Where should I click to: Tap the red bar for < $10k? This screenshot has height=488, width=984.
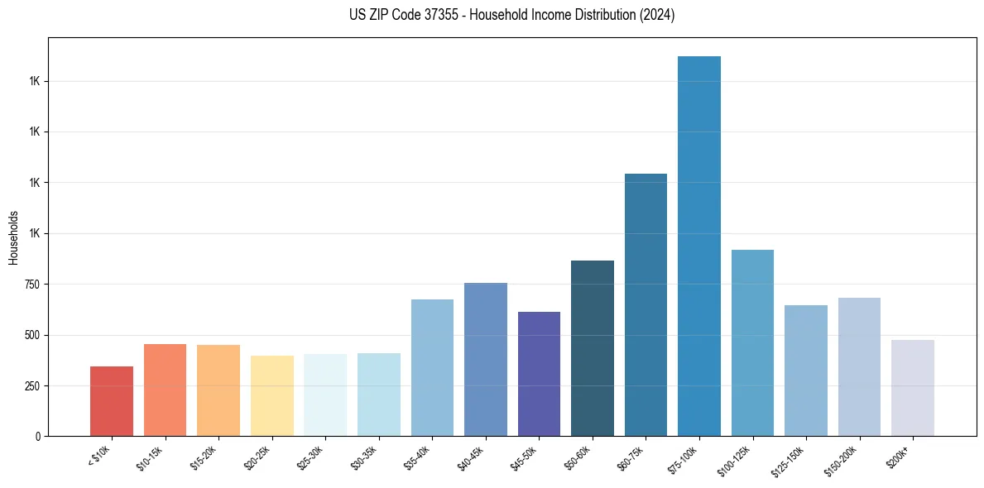point(112,401)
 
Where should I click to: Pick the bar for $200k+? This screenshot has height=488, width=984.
point(913,388)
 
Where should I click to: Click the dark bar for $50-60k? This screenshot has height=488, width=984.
point(593,348)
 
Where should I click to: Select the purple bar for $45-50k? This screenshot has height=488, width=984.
point(539,374)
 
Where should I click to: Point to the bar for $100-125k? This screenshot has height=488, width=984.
point(752,342)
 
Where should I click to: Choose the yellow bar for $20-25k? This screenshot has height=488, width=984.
point(272,395)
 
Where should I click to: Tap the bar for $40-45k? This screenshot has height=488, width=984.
point(486,359)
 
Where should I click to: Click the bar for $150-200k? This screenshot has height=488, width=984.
point(859,366)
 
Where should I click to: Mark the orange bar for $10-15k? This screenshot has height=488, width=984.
point(165,390)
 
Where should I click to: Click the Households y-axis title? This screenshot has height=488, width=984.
point(13,237)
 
